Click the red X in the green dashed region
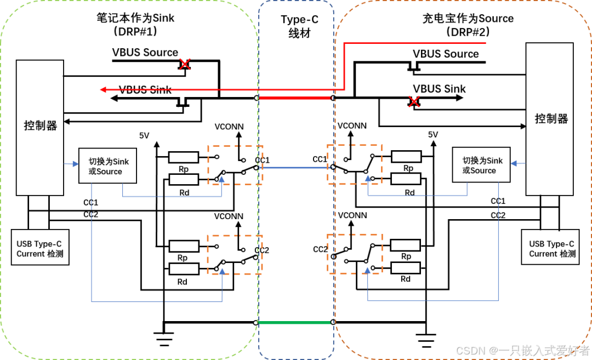pyautogui.click(x=185, y=64)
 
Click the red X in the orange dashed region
pyautogui.click(x=414, y=101)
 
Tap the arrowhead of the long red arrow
pyautogui.click(x=103, y=89)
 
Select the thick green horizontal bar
pyautogui.click(x=294, y=322)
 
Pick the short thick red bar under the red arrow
pyautogui.click(x=295, y=98)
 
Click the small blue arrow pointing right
pyautogui.click(x=72, y=163)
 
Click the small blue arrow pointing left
pyautogui.click(x=518, y=163)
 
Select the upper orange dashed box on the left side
pyautogui.click(x=235, y=165)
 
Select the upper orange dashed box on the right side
pyautogui.click(x=355, y=164)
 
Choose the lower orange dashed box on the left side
pyautogui.click(x=235, y=255)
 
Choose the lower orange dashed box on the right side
pyautogui.click(x=355, y=253)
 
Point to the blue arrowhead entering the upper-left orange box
pyautogui.click(x=221, y=179)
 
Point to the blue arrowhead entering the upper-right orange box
pyautogui.click(x=368, y=179)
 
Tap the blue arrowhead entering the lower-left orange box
pyautogui.click(x=222, y=271)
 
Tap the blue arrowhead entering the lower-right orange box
pyautogui.click(x=367, y=270)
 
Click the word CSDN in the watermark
pyautogui.click(x=469, y=350)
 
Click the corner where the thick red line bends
pyautogui.click(x=344, y=89)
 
